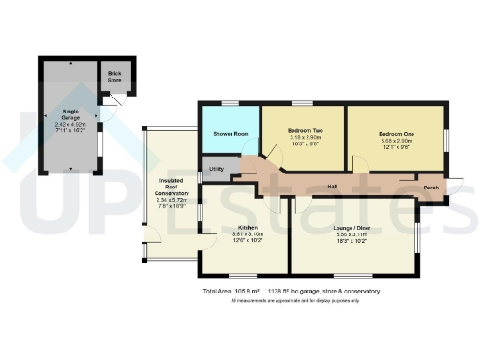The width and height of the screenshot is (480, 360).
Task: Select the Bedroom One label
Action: [397, 134]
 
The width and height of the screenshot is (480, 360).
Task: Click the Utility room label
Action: [216, 170]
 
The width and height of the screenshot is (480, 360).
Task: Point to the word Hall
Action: [332, 187]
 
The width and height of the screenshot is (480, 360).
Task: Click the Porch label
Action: [432, 187]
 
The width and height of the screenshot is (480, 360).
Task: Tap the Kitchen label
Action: [247, 226]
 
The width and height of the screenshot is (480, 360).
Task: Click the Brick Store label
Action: [115, 75]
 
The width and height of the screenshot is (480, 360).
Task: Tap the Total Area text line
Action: [292, 292]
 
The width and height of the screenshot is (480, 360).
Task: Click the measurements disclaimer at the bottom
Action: [292, 301]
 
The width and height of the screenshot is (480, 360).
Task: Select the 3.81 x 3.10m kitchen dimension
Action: [247, 233]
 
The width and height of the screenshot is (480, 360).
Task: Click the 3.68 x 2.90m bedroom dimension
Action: [397, 142]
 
